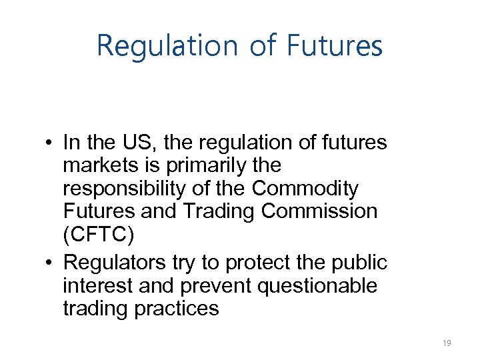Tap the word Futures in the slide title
tap(335, 45)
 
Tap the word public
tap(361, 263)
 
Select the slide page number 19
tap(447, 343)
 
